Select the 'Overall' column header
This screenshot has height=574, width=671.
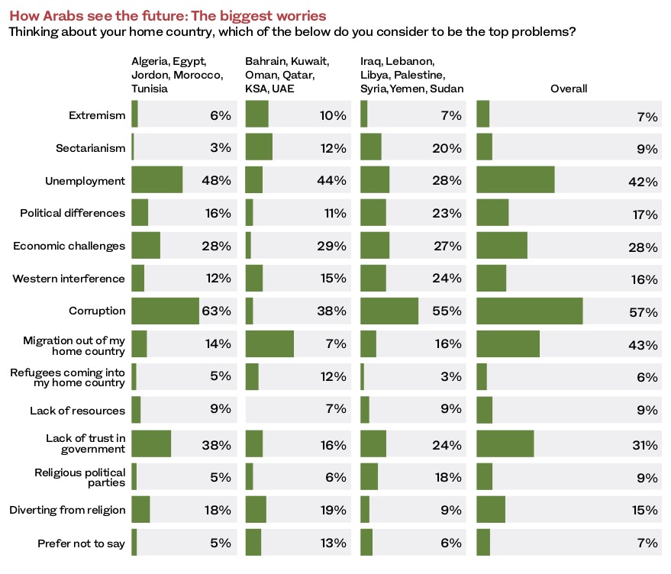pyautogui.click(x=568, y=89)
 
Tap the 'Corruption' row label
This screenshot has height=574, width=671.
pyautogui.click(x=97, y=311)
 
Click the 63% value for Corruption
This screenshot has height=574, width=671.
pyautogui.click(x=216, y=311)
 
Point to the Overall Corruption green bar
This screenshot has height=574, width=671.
pyautogui.click(x=529, y=311)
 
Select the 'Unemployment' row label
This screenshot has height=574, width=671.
pyautogui.click(x=85, y=181)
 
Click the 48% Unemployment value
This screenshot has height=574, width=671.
pyautogui.click(x=216, y=180)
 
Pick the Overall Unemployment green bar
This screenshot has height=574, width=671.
pyautogui.click(x=515, y=179)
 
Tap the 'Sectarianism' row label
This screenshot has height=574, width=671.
pyautogui.click(x=91, y=148)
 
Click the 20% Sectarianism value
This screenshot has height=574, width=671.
pyautogui.click(x=447, y=148)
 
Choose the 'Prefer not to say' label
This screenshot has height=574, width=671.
pyautogui.click(x=82, y=543)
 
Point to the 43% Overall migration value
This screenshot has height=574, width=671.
pyautogui.click(x=643, y=345)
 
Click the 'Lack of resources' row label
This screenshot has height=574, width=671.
pyautogui.click(x=77, y=411)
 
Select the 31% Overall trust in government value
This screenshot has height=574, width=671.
pyautogui.click(x=645, y=445)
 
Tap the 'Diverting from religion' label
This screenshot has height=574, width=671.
pyautogui.click(x=68, y=510)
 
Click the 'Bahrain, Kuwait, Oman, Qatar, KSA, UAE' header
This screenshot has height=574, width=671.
pyautogui.click(x=287, y=75)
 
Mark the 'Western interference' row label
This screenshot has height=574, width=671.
pyautogui.click(x=69, y=279)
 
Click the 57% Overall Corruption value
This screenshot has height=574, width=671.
pyautogui.click(x=644, y=312)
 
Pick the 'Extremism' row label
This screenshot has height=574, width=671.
pyautogui.click(x=97, y=115)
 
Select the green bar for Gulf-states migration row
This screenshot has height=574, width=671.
pyautogui.click(x=269, y=343)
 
